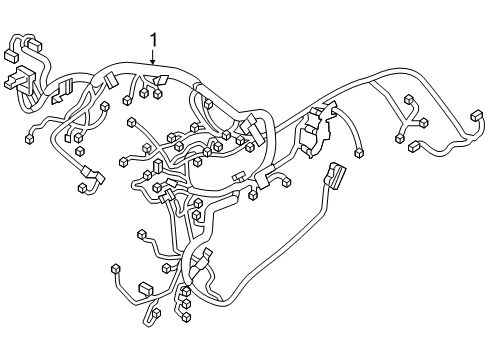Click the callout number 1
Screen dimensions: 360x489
tap(154, 40)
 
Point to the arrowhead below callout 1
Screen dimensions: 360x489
tap(154, 65)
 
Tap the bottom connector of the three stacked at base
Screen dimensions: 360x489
tap(186, 317)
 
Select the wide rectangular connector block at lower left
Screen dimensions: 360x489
tap(146, 288)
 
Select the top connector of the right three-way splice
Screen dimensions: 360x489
tap(408, 99)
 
